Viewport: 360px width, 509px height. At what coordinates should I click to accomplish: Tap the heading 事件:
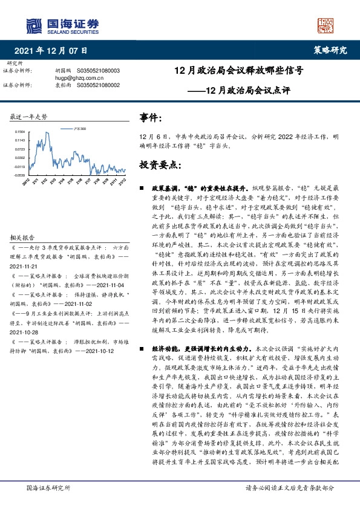151,117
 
